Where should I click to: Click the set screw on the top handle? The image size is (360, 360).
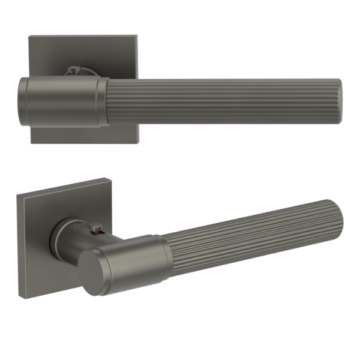pyautogui.click(x=73, y=71)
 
